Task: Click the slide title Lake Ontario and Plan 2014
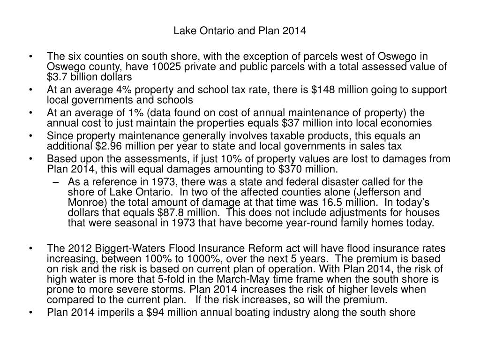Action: [x=240, y=31]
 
